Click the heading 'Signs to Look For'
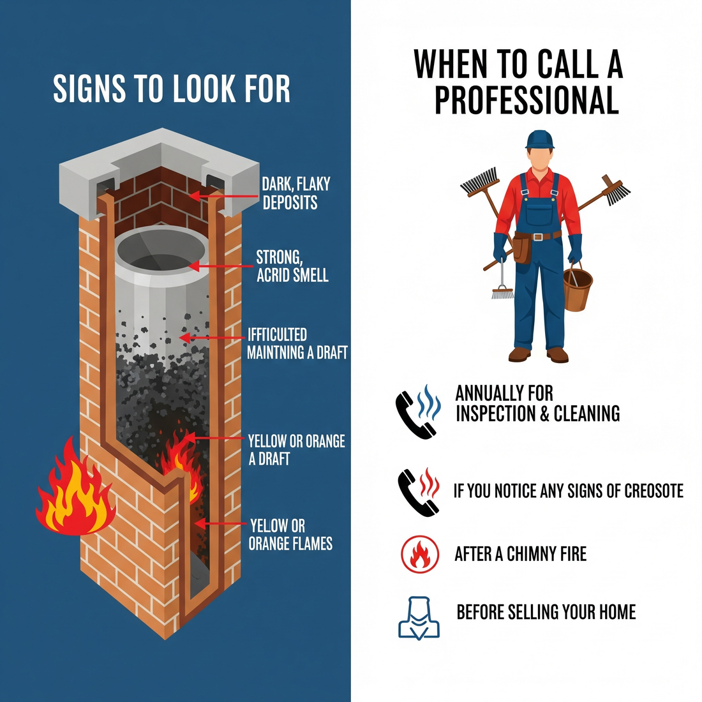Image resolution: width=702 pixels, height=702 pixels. coord(171,89)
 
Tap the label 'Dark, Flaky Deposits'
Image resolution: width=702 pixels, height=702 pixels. coord(295,193)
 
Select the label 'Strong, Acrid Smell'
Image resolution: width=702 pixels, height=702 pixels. coord(292,266)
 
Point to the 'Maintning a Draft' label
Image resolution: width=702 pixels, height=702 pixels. coord(297,352)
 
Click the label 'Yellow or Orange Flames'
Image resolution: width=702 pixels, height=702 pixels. coord(290,535)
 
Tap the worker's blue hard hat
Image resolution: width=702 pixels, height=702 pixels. coord(540,138)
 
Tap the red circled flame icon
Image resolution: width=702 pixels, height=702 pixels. coord(420,553)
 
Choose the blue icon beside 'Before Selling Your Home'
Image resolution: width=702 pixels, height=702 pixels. coord(419,617)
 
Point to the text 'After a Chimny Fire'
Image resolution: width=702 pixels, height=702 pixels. coord(520,553)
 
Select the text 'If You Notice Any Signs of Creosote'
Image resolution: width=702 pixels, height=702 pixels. coord(568,491)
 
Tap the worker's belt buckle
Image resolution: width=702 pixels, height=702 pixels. coord(538,237)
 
